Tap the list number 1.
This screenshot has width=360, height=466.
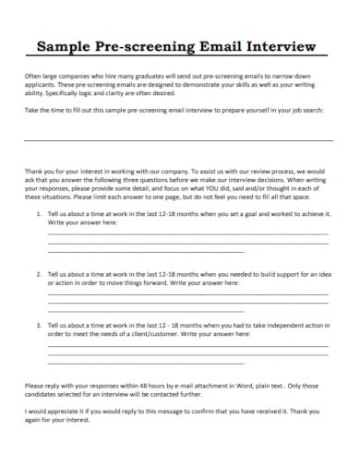tap(39, 213)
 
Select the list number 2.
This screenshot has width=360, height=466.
tap(39, 274)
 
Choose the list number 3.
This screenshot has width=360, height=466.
tap(39, 326)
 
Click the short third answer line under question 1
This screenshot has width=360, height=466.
tap(146, 251)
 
